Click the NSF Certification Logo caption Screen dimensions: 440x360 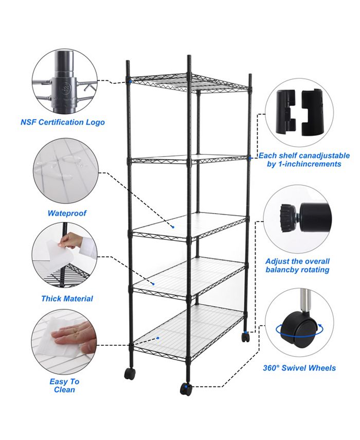(63, 122)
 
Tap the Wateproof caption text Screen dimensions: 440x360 (67, 213)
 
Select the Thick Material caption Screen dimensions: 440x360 (67, 298)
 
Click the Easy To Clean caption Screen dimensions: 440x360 (64, 385)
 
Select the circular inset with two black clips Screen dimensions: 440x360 (299, 111)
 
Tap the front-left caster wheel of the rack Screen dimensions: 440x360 (130, 374)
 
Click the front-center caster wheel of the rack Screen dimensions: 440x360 (186, 389)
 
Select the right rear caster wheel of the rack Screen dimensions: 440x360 (246, 337)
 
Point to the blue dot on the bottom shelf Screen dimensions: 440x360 (158, 338)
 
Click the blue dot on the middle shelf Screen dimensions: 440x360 (173, 227)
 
